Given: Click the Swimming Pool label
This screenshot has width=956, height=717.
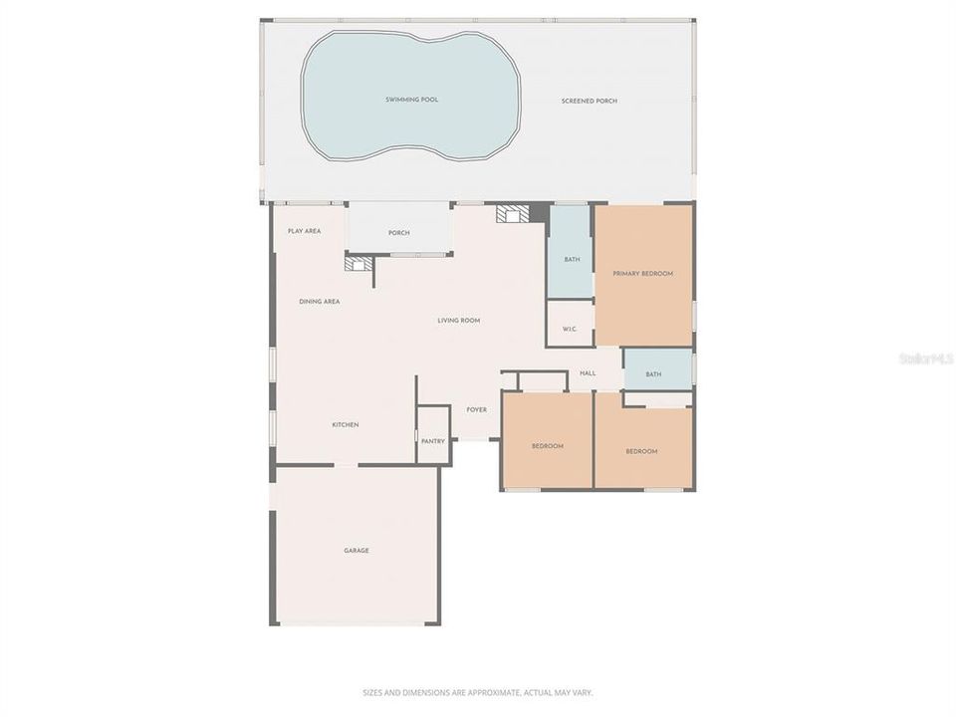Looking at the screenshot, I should [412, 100].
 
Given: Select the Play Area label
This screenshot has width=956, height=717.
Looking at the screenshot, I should [304, 231].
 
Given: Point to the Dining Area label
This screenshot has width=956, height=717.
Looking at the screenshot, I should [319, 301].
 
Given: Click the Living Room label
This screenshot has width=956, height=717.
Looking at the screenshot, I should [459, 321].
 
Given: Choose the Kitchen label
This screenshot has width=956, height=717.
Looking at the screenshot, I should [346, 425].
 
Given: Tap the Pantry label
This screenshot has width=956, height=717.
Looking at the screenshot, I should [432, 441].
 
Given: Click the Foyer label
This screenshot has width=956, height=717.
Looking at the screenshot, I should [477, 409].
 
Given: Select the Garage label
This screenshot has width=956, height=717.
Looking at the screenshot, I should [357, 550].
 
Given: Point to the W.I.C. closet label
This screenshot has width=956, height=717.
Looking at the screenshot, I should [570, 329].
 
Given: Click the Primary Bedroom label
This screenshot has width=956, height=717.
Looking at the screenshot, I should [643, 274].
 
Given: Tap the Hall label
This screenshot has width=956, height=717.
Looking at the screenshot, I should [588, 373].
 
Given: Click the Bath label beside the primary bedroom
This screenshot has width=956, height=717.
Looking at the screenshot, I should [572, 260].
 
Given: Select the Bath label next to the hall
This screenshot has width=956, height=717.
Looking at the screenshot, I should [653, 374].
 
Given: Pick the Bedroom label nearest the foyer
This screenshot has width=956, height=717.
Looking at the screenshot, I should [548, 446].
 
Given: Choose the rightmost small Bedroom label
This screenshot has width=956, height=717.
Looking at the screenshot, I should [641, 451].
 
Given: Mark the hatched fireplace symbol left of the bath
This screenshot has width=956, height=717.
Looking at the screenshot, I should [514, 213].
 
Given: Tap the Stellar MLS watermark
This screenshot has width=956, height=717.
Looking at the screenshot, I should [926, 358].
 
